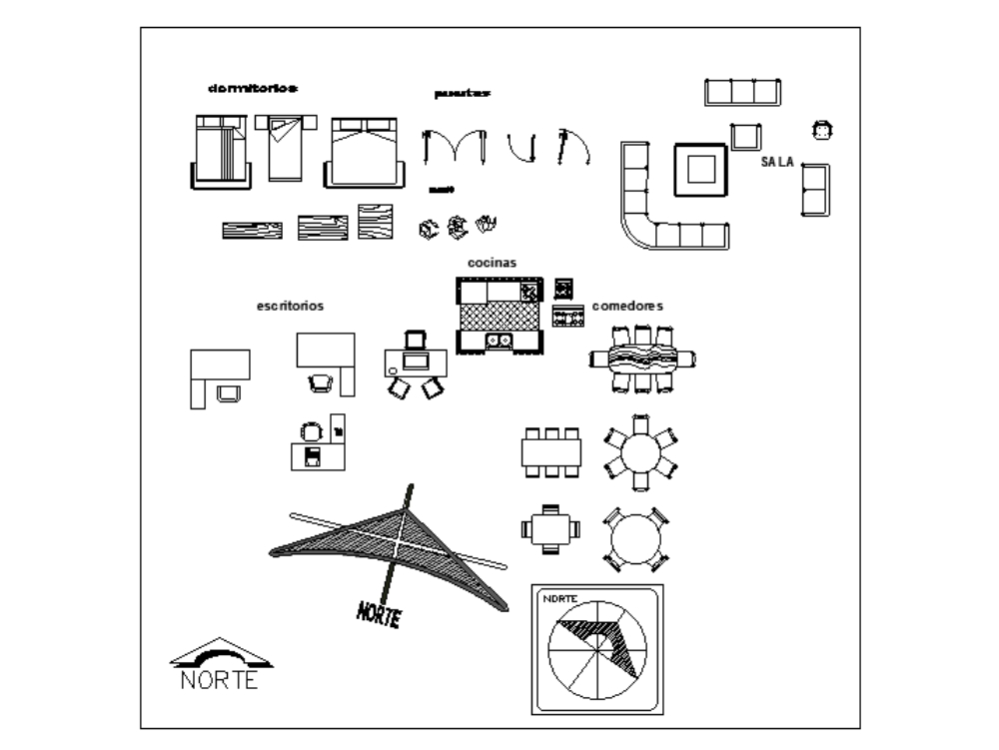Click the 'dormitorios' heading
point(253,88)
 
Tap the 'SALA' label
point(777,162)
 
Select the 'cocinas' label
point(492,262)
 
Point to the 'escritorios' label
point(290,306)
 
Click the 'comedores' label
point(627,306)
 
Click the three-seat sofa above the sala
point(742,92)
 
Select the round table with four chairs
point(634,539)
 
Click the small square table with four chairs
point(549,527)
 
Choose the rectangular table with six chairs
point(550,451)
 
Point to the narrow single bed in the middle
point(285,147)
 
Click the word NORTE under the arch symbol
point(220,680)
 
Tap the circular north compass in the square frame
point(597,649)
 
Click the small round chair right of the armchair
point(822,129)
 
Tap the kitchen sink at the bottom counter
point(499,342)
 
